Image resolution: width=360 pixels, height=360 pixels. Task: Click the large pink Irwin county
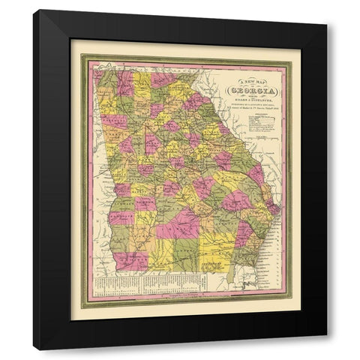[178, 223]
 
